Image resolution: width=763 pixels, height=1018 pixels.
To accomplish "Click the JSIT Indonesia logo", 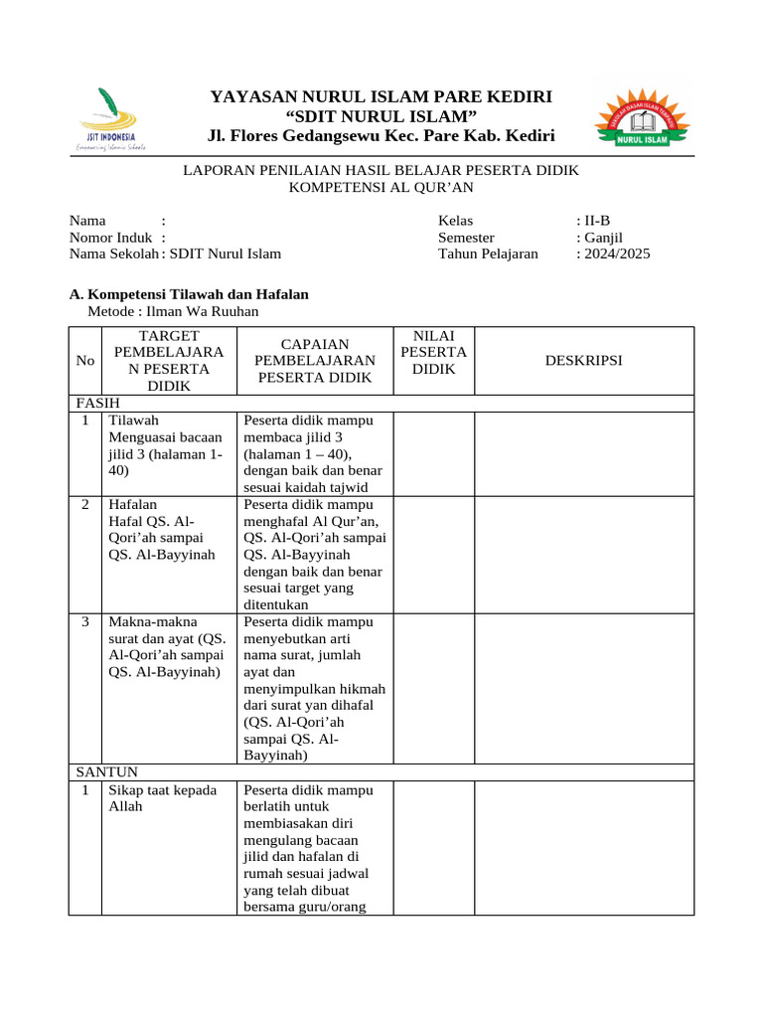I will (110, 118).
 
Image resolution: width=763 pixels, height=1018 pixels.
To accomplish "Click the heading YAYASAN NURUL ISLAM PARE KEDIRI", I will (381, 96).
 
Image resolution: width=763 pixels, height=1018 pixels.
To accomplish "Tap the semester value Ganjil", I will (602, 238).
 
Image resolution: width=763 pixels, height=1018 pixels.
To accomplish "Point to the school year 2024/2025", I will (615, 254).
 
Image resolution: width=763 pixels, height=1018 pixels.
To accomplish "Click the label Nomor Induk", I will (110, 238).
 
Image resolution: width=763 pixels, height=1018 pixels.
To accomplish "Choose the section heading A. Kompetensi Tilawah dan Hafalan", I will (189, 294).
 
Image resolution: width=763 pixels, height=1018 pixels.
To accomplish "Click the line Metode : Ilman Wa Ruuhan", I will (173, 311).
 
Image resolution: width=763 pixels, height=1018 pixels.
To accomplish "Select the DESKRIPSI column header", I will (583, 360).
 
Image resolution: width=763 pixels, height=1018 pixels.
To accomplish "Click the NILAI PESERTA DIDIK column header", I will (433, 352).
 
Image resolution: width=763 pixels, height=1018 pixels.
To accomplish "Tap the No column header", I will (85, 360).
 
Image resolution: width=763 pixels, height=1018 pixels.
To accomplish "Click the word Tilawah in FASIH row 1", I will (134, 421).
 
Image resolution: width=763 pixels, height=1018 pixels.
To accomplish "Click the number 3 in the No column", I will (86, 621).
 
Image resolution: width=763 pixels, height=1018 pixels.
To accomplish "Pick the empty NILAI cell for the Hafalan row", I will (433, 554).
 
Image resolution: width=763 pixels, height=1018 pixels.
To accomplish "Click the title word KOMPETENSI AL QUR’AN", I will (381, 187).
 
